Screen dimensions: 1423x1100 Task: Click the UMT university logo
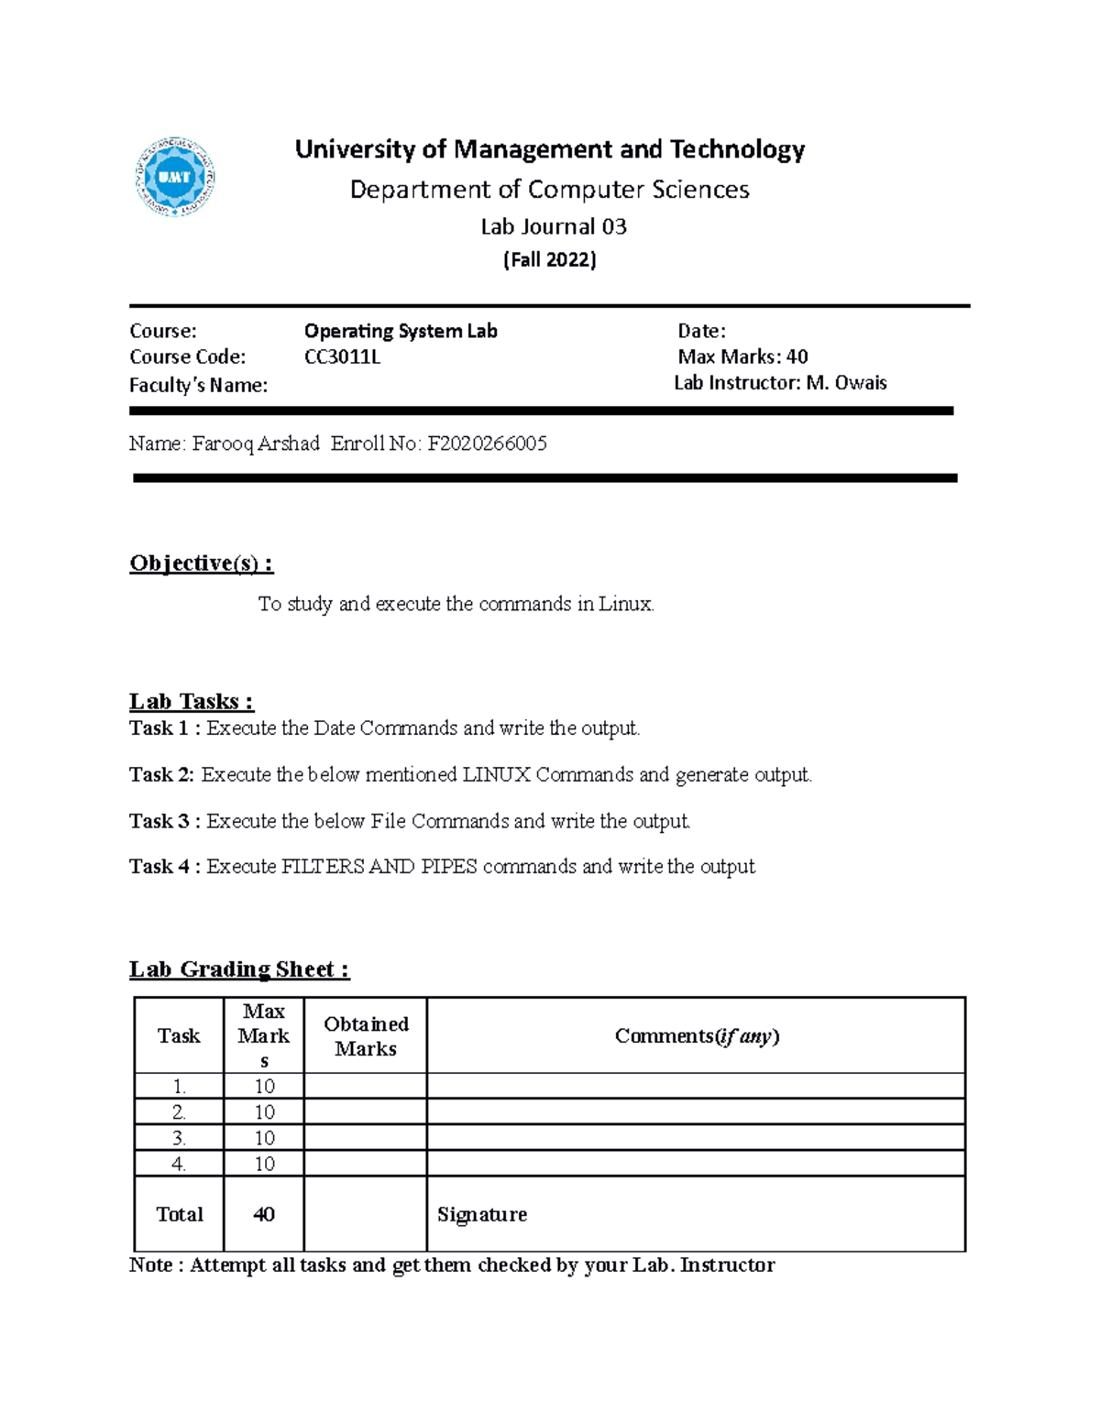pos(175,177)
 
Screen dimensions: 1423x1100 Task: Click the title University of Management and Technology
pos(549,149)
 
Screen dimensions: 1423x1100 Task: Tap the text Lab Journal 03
pos(554,226)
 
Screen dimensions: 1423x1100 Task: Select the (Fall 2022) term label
pos(550,260)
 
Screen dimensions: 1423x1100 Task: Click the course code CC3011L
pos(342,357)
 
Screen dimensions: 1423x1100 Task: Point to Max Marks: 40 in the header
pos(742,356)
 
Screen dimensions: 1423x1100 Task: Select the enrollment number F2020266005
pos(487,443)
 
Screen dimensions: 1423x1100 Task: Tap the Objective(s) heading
pos(202,563)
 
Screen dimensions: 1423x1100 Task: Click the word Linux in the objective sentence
pos(626,604)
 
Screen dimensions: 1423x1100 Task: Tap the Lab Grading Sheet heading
pos(239,969)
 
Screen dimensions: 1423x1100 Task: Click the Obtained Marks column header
pos(366,1036)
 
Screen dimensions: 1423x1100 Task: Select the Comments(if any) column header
pos(697,1036)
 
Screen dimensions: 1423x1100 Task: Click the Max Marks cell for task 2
pos(264,1112)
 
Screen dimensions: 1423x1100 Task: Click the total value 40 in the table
pos(264,1214)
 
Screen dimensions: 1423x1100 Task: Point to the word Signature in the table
pos(482,1215)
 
